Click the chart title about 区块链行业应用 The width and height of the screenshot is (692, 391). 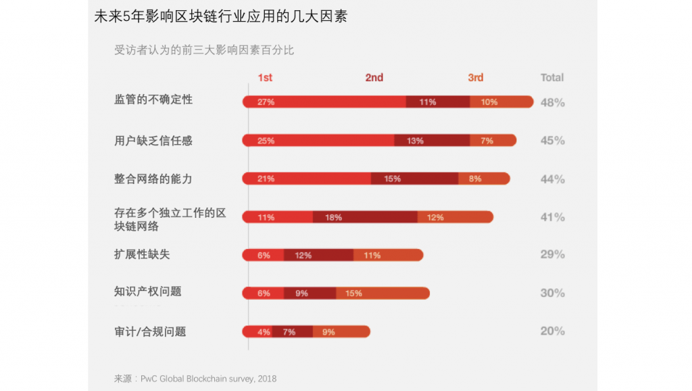[220, 16]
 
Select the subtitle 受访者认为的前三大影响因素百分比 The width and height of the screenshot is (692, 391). [204, 50]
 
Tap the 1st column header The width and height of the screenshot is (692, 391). [265, 78]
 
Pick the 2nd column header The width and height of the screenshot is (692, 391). [374, 78]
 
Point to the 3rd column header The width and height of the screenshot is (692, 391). [476, 78]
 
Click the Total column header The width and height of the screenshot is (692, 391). [552, 78]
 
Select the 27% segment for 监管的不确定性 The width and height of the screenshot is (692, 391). [324, 102]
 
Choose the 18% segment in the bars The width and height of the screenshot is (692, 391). [365, 217]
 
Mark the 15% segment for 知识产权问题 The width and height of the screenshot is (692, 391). [382, 293]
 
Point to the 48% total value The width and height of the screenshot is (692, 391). [552, 103]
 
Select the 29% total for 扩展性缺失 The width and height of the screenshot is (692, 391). [552, 254]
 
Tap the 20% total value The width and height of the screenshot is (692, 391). [552, 331]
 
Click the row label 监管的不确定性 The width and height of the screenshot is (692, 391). [153, 99]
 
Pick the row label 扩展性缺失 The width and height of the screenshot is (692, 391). [142, 254]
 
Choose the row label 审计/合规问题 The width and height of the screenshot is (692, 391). [150, 331]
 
